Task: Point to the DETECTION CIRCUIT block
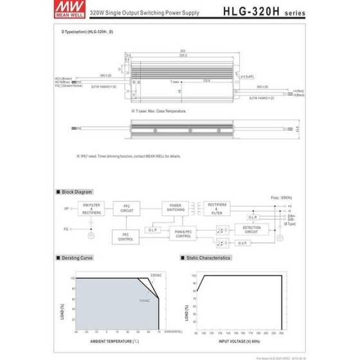pyautogui.click(x=251, y=228)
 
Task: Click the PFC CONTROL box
pyautogui.click(x=126, y=237)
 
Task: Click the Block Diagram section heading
pyautogui.click(x=75, y=192)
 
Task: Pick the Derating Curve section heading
pyautogui.click(x=76, y=258)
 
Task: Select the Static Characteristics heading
pyautogui.click(x=206, y=258)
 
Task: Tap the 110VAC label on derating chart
pyautogui.click(x=145, y=300)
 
